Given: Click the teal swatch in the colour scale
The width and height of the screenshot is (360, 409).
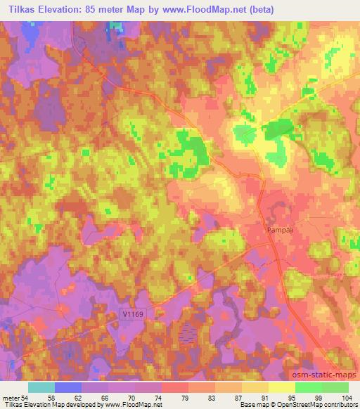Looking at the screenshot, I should (x=41, y=387).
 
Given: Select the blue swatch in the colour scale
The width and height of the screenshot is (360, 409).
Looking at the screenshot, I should (x=67, y=387).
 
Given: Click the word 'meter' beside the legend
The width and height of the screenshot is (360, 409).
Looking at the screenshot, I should (x=9, y=397).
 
